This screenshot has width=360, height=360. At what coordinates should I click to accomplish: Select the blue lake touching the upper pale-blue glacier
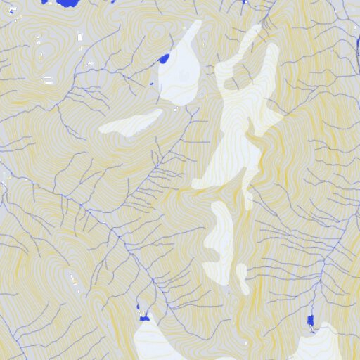[164, 59]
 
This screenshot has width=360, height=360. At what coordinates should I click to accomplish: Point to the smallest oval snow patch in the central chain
[243, 278]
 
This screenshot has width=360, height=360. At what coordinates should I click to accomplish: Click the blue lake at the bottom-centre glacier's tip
[145, 319]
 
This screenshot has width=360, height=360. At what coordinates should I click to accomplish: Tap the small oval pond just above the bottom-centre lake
[139, 307]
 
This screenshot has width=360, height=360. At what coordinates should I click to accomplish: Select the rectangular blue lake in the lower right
[311, 321]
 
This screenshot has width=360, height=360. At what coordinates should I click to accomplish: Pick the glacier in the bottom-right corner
[320, 345]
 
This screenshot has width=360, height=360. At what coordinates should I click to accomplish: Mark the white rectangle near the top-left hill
[80, 37]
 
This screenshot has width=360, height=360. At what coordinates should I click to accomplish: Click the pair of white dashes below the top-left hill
[48, 82]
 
